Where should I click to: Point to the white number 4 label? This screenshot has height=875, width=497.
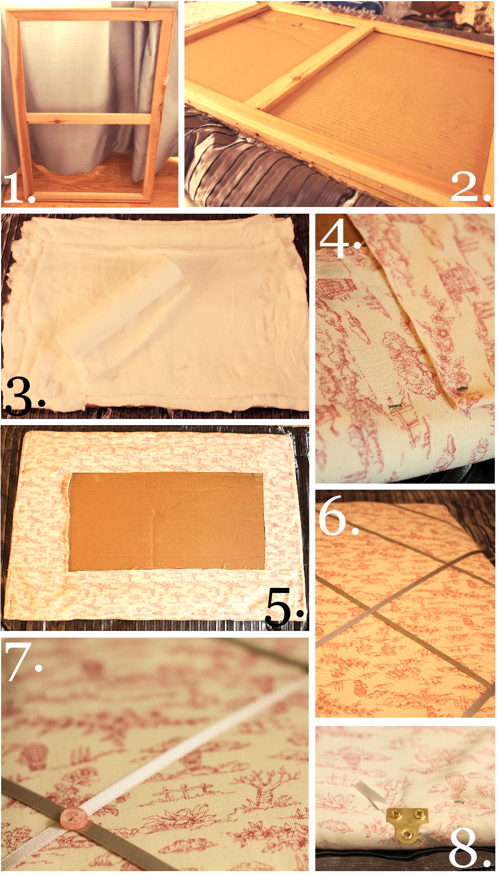point(340,238)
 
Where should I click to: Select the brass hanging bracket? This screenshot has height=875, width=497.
point(407,821)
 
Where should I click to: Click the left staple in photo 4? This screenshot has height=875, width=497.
point(395,406)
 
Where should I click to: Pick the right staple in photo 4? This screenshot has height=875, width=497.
point(462,389)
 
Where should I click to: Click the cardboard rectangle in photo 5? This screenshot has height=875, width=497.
point(166,521)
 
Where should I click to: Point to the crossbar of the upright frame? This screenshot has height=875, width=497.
point(89,118)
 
